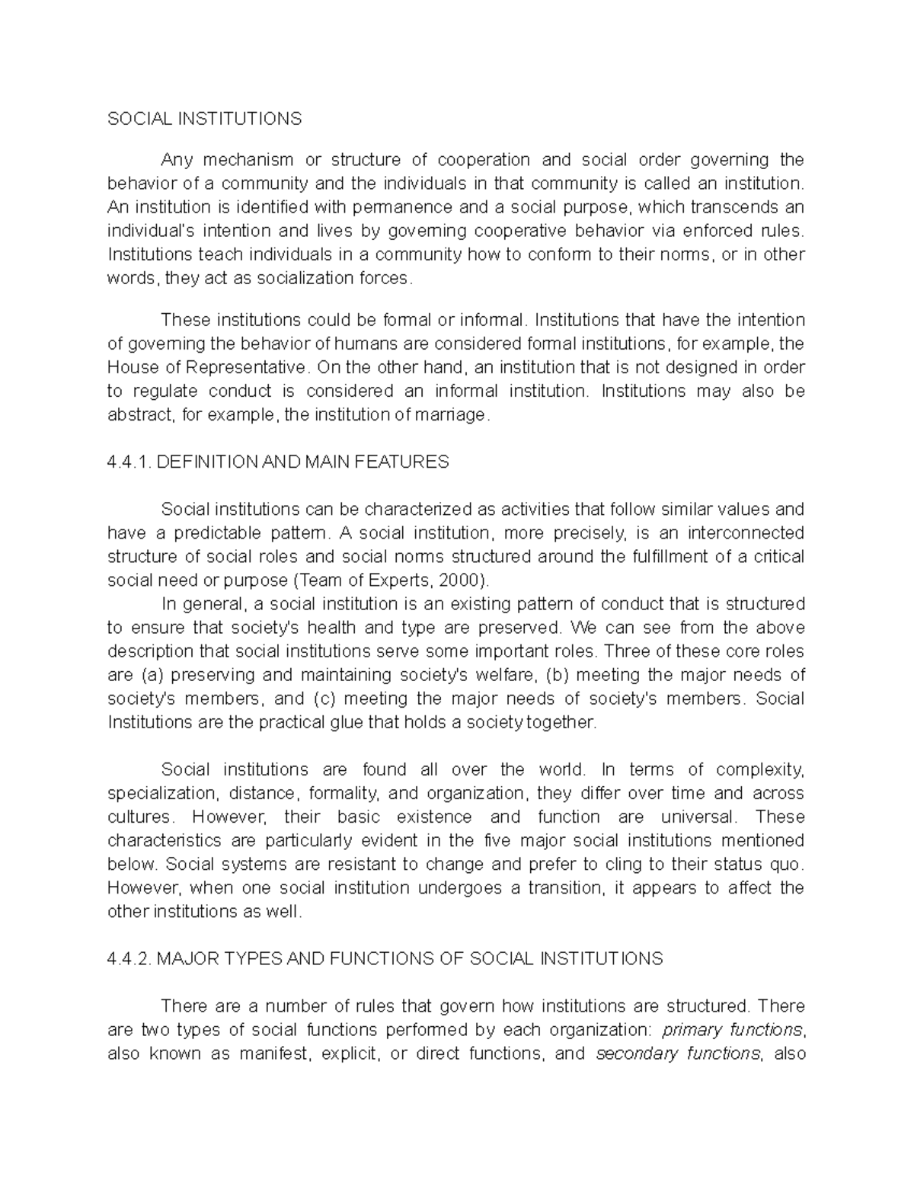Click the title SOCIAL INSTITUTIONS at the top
click(x=204, y=119)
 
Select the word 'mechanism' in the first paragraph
click(x=247, y=160)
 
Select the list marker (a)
click(x=153, y=675)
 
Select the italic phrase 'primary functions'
click(x=732, y=1031)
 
